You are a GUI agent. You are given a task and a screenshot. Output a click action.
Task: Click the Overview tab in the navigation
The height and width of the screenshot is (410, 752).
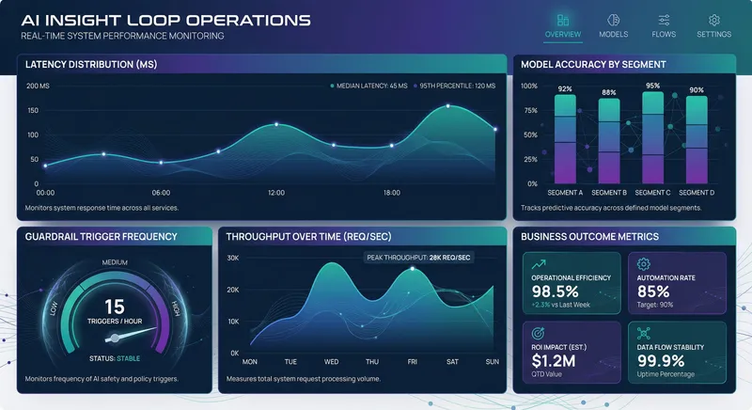[563, 25]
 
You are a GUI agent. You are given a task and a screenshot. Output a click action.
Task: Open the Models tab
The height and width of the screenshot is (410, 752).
[613, 25]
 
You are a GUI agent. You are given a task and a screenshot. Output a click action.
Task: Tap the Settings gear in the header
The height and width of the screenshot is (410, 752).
[713, 20]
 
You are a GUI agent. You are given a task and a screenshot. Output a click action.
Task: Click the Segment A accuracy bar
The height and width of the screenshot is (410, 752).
[565, 137]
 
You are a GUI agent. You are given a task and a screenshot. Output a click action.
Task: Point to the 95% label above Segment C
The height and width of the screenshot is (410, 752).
[651, 85]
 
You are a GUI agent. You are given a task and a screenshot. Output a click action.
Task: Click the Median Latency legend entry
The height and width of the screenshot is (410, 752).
[368, 86]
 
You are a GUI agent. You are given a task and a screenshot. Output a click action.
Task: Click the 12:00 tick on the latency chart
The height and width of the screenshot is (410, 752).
[276, 193]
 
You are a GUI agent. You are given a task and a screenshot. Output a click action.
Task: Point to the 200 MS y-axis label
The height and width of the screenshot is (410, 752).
[39, 87]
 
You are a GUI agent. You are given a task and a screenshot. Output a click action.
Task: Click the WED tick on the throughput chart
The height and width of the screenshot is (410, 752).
[332, 361]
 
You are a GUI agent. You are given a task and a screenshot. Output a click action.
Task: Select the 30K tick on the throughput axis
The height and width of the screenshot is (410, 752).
[232, 258]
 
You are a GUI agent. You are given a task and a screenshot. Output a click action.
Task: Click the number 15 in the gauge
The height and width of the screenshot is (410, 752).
[114, 305]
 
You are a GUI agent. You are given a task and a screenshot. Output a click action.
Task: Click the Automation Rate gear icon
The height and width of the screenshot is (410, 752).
[644, 264]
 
